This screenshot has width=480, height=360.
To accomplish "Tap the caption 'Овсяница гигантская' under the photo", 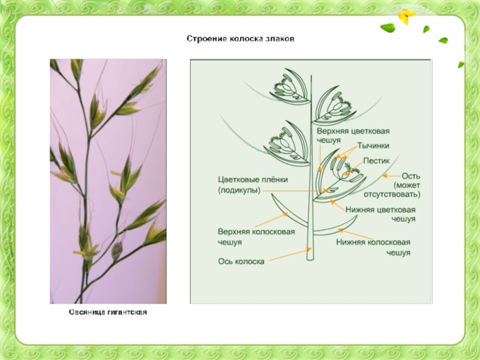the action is pos(107,313).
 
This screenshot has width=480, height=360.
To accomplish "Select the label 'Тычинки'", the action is pos(374,146).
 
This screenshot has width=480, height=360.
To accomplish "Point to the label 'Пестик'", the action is pos(376,161).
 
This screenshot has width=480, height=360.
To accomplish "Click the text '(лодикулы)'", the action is pos(239,190).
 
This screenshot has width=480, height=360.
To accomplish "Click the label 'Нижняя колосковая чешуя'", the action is pos(373,247).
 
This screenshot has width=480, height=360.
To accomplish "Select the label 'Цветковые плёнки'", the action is pos(253,179).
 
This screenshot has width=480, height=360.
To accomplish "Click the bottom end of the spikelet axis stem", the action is pos(310,258).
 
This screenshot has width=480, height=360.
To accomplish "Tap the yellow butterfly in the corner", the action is pos(407,16).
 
